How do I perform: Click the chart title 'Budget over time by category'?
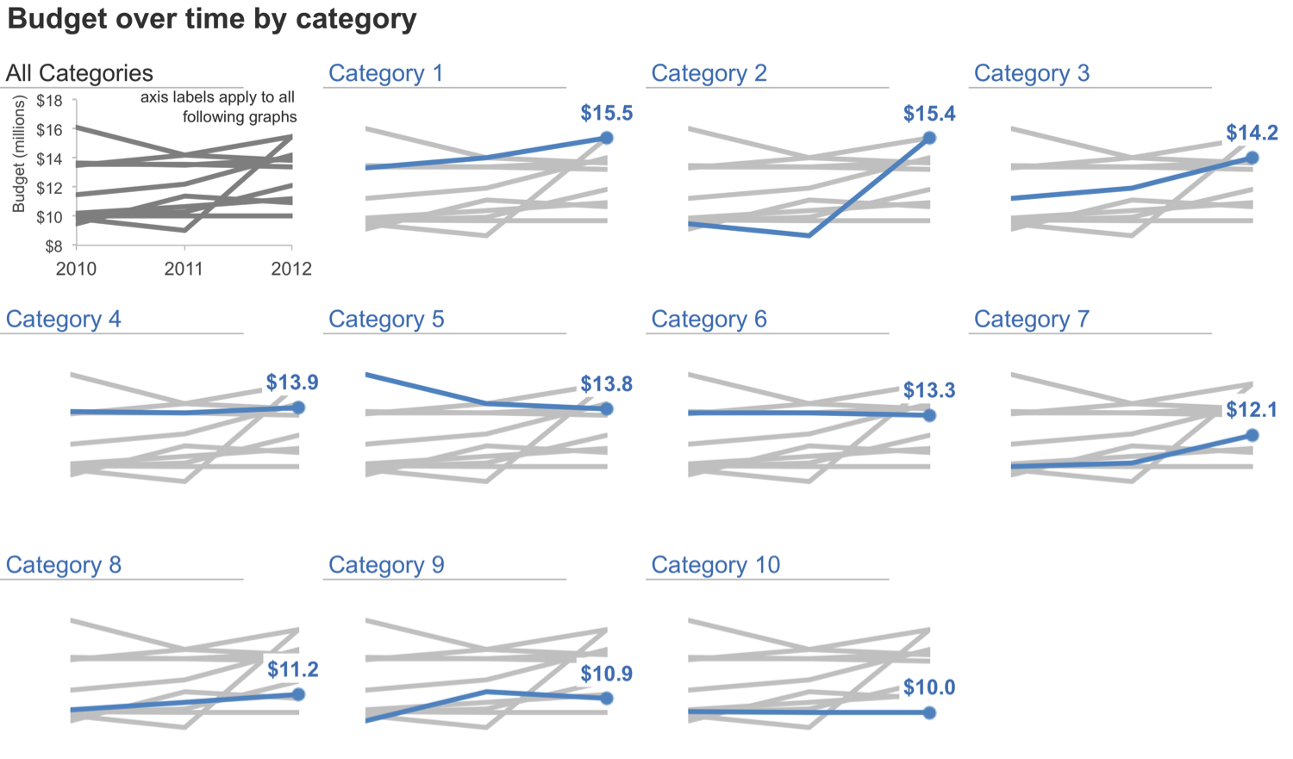click(x=212, y=19)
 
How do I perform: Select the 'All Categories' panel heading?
click(x=79, y=73)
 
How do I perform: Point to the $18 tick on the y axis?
click(x=50, y=101)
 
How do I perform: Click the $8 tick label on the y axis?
click(x=53, y=246)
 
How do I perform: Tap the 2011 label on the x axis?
click(x=184, y=269)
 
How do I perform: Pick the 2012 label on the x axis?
click(x=291, y=269)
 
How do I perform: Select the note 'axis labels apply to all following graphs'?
click(x=218, y=107)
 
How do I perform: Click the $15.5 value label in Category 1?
click(x=606, y=113)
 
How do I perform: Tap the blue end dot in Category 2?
click(x=929, y=138)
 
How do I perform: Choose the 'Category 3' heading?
click(x=1031, y=73)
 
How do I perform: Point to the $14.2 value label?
click(x=1252, y=133)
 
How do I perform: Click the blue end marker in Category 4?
click(x=298, y=407)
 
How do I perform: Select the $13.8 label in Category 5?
click(x=606, y=384)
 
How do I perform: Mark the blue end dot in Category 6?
click(x=929, y=415)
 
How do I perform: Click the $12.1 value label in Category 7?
click(x=1252, y=409)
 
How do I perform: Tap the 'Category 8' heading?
click(x=63, y=565)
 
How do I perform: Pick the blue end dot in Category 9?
click(x=607, y=699)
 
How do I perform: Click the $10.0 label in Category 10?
click(x=929, y=687)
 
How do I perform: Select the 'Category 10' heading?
click(x=715, y=565)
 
